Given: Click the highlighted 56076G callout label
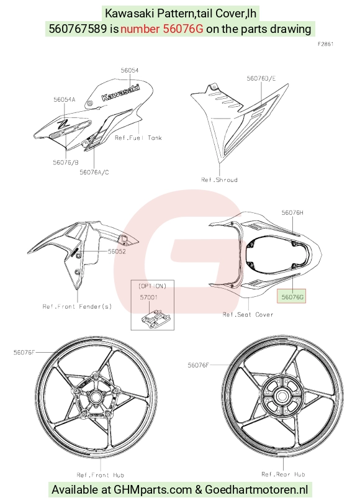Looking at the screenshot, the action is tap(292, 297).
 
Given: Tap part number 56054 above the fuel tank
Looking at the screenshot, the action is tap(130, 70).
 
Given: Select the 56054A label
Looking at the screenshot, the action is tap(65, 99).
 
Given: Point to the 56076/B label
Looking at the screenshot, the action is tap(66, 162).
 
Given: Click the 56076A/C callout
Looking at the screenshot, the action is tap(94, 172).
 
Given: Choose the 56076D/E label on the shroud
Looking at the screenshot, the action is tap(261, 78).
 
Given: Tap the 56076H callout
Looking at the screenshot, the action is tap(292, 212).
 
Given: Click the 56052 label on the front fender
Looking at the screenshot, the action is tap(117, 251).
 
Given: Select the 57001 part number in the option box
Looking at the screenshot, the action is tap(149, 297).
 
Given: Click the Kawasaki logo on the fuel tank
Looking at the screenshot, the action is tap(121, 92).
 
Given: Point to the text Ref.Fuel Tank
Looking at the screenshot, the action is tap(138, 138).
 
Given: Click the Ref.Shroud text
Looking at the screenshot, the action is tap(219, 179).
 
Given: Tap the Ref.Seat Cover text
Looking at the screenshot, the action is tap(248, 314).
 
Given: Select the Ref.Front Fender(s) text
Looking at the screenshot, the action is tap(77, 306).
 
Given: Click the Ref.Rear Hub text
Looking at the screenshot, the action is tap(283, 474).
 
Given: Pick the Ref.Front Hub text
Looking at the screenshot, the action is tap(101, 475).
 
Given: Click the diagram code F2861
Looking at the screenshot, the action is tap(326, 44).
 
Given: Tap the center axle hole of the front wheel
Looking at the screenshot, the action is tap(95, 397).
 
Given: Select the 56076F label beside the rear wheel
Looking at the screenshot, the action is tap(199, 365).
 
